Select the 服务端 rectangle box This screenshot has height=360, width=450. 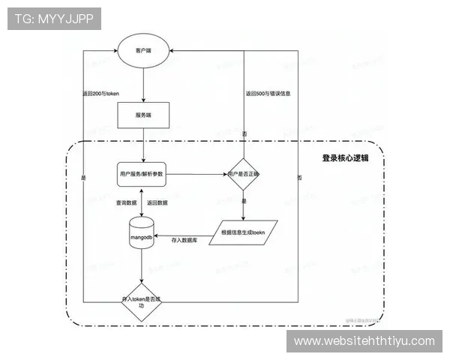click(142, 114)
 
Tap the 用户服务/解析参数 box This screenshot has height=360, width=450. click(142, 174)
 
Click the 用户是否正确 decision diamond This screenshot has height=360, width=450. click(243, 174)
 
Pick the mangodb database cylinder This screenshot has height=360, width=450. click(142, 233)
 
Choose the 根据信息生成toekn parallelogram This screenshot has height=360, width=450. click(244, 232)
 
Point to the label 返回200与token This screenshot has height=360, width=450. click(102, 94)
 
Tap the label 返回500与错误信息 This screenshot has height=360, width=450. click(268, 94)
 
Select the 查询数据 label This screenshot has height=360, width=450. click(126, 203)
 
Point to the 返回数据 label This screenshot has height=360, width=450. click(157, 203)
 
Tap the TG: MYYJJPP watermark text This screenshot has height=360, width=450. click(54, 19)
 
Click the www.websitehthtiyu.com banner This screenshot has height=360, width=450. click(364, 341)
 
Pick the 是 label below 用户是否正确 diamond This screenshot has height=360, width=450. click(244, 202)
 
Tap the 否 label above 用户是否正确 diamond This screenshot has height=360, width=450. click(244, 133)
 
